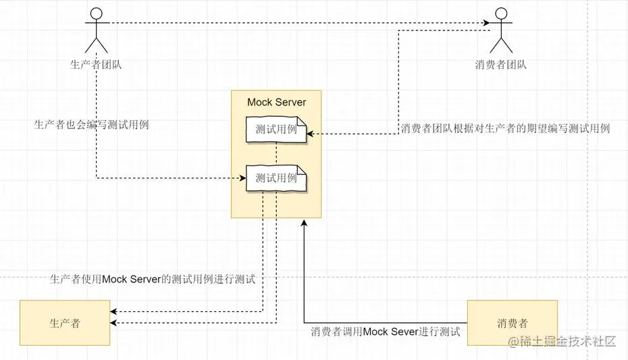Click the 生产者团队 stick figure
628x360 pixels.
96,30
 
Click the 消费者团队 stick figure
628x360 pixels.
500,30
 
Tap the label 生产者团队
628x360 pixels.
96,65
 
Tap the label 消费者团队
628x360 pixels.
500,65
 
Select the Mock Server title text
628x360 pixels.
276,102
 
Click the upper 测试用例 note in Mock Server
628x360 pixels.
276,130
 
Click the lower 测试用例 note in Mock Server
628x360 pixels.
276,178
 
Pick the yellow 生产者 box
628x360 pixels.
65,323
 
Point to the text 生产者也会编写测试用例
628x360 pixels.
91,125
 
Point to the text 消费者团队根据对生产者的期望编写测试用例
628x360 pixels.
505,128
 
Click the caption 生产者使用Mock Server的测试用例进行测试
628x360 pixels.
153,279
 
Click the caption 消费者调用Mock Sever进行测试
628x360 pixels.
385,332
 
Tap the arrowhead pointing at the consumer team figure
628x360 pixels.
486,24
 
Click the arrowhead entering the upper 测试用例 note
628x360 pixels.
311,134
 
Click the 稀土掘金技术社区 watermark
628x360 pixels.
562,342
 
